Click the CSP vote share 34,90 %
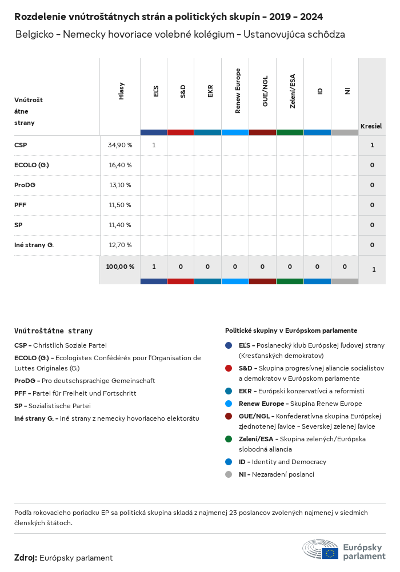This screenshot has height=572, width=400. [x=119, y=146]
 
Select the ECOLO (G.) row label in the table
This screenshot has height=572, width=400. [x=31, y=165]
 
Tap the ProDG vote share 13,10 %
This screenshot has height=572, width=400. [x=119, y=185]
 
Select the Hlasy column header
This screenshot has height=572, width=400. [x=121, y=91]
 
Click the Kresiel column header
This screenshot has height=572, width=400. [x=371, y=126]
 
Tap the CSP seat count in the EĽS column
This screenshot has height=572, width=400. [x=154, y=146]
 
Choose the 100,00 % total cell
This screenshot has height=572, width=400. [x=120, y=267]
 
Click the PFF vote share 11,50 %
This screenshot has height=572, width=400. [x=119, y=205]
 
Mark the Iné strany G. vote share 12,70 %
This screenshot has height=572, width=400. [x=119, y=245]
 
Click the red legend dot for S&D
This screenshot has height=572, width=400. [x=229, y=368]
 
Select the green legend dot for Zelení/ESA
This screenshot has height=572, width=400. [x=229, y=439]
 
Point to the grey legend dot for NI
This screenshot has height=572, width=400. [x=229, y=474]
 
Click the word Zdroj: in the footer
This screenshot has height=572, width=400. [x=26, y=558]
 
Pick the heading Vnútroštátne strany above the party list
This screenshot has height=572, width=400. [x=53, y=331]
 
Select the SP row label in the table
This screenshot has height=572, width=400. [x=18, y=225]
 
